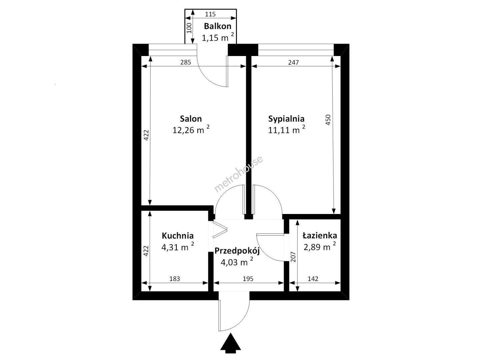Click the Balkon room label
point(217,26)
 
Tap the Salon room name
point(191,119)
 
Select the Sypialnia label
point(286,119)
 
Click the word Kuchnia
point(178,236)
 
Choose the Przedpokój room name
point(237,251)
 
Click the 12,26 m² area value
point(191,130)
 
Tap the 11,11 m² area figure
point(286,130)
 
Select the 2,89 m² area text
point(320,247)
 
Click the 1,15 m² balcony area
point(218,38)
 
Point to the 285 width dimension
point(185,63)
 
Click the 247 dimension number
point(293,63)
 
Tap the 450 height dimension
point(328,120)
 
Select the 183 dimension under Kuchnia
point(175,279)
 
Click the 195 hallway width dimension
point(248,279)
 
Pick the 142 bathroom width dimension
point(313,279)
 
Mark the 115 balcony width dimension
point(210,14)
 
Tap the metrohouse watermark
point(239,174)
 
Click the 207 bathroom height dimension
point(293,257)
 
